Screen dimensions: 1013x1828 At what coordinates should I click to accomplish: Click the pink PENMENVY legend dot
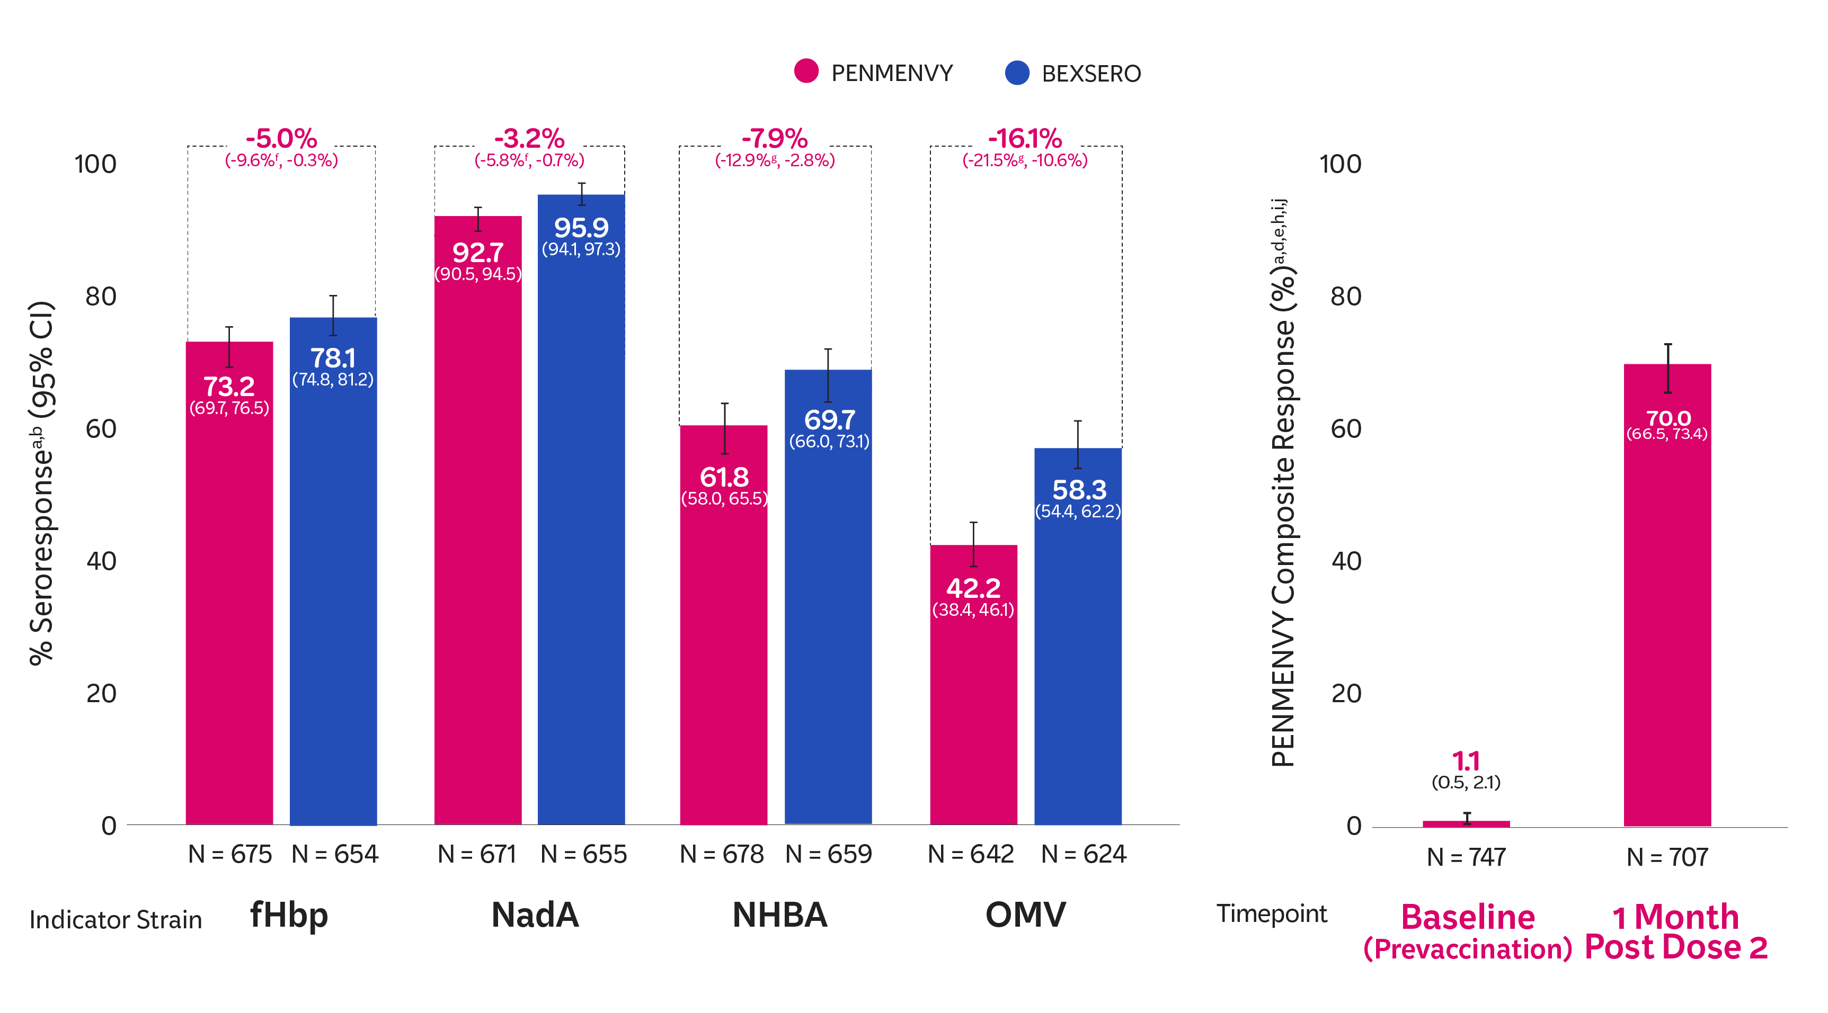(806, 71)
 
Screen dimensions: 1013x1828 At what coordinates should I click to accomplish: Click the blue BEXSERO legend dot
(1017, 73)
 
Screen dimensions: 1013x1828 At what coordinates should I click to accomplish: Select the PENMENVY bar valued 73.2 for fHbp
(229, 603)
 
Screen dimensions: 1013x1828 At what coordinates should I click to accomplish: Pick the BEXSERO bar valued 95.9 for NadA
(581, 532)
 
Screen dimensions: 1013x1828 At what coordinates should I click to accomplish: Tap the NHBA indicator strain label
(780, 915)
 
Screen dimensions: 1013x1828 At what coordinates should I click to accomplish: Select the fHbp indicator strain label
(289, 915)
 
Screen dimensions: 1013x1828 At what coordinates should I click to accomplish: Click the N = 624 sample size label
(1084, 854)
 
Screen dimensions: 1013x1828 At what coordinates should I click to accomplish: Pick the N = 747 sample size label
(1466, 857)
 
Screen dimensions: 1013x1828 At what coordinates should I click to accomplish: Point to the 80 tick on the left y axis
(101, 297)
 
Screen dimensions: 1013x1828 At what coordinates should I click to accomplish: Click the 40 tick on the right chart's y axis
(1346, 561)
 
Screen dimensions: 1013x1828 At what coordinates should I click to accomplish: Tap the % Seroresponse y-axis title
(42, 482)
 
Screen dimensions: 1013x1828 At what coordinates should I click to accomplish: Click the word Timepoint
(1272, 913)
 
